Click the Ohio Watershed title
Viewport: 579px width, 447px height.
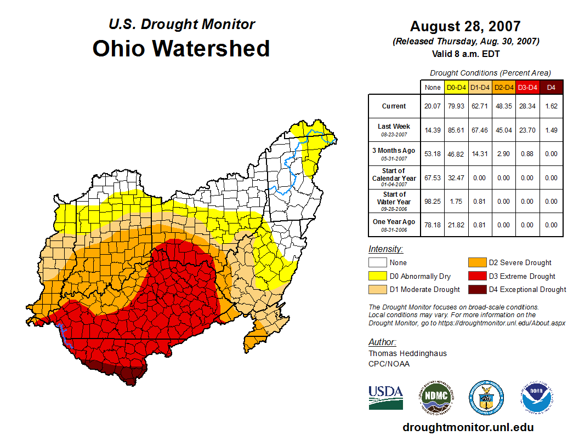(x=181, y=48)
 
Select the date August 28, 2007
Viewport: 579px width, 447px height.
(x=465, y=26)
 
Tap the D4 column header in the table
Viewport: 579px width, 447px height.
(x=551, y=87)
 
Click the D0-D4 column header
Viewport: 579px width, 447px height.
(x=456, y=87)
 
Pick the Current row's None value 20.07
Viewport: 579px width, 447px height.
(x=433, y=106)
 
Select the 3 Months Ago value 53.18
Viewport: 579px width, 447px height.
(x=433, y=154)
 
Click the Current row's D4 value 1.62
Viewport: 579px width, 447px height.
(x=551, y=106)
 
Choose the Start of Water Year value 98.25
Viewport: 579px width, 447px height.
(x=433, y=201)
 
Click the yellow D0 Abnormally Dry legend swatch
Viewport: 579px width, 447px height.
(x=377, y=276)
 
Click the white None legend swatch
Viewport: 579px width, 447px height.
(x=377, y=263)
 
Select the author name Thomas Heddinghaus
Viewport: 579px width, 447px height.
(x=407, y=353)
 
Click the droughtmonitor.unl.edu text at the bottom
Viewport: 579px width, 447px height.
(x=468, y=427)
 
